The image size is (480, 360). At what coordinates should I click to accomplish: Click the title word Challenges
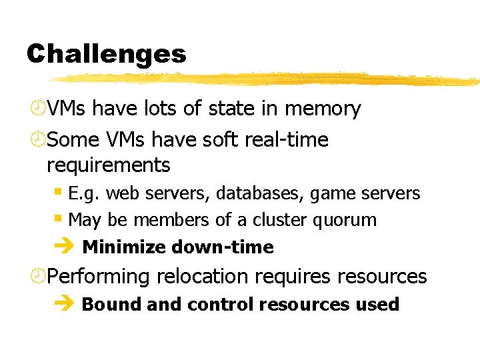click(x=106, y=54)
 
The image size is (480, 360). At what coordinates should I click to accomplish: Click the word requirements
click(x=109, y=164)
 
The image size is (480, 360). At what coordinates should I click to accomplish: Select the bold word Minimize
click(x=124, y=247)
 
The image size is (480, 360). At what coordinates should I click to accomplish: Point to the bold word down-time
click(x=223, y=247)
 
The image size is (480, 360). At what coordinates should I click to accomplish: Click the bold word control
click(x=221, y=304)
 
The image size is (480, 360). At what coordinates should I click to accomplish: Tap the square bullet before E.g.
click(x=59, y=192)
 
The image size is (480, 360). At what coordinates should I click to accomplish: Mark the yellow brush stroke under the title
click(x=267, y=79)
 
